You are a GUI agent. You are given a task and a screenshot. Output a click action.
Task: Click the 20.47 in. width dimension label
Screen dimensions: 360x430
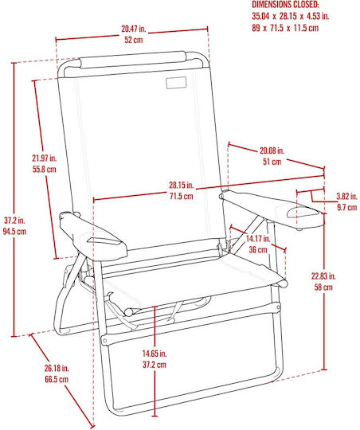[134, 29]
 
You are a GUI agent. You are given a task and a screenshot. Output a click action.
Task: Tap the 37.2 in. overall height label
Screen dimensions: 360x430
[14, 221]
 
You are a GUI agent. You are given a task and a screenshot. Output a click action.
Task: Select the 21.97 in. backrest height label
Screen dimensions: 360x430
[44, 158]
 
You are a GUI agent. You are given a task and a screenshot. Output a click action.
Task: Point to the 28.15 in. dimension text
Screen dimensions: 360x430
[181, 185]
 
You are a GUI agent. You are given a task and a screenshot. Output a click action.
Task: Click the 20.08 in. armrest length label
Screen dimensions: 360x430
[272, 150]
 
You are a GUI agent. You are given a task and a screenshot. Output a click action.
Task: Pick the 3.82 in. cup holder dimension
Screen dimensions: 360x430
[346, 197]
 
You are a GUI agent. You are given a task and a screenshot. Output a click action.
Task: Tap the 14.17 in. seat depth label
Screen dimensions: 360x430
[258, 239]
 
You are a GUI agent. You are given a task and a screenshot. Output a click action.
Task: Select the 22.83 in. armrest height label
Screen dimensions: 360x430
[323, 276]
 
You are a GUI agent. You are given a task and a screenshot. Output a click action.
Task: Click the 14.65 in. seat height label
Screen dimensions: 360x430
[155, 354]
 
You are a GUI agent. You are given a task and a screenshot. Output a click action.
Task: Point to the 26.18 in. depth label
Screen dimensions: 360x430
[57, 368]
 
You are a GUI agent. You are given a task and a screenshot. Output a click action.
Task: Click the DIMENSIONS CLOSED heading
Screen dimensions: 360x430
[285, 5]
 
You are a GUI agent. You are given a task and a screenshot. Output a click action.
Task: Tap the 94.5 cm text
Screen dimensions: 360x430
[14, 232]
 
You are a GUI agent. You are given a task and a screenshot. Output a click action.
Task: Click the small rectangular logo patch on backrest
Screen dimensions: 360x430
[176, 83]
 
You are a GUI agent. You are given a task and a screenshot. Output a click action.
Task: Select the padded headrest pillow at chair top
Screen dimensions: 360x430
[134, 60]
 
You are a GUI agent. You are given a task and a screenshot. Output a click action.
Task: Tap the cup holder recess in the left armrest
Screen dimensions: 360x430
[104, 241]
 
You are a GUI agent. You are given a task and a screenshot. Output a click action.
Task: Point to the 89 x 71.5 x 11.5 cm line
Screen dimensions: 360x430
[285, 28]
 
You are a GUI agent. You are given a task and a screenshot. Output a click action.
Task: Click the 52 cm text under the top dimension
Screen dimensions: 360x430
[134, 40]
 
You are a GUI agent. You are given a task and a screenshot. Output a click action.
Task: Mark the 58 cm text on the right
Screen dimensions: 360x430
[323, 287]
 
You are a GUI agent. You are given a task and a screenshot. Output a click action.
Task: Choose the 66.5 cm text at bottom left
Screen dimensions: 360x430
[57, 379]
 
